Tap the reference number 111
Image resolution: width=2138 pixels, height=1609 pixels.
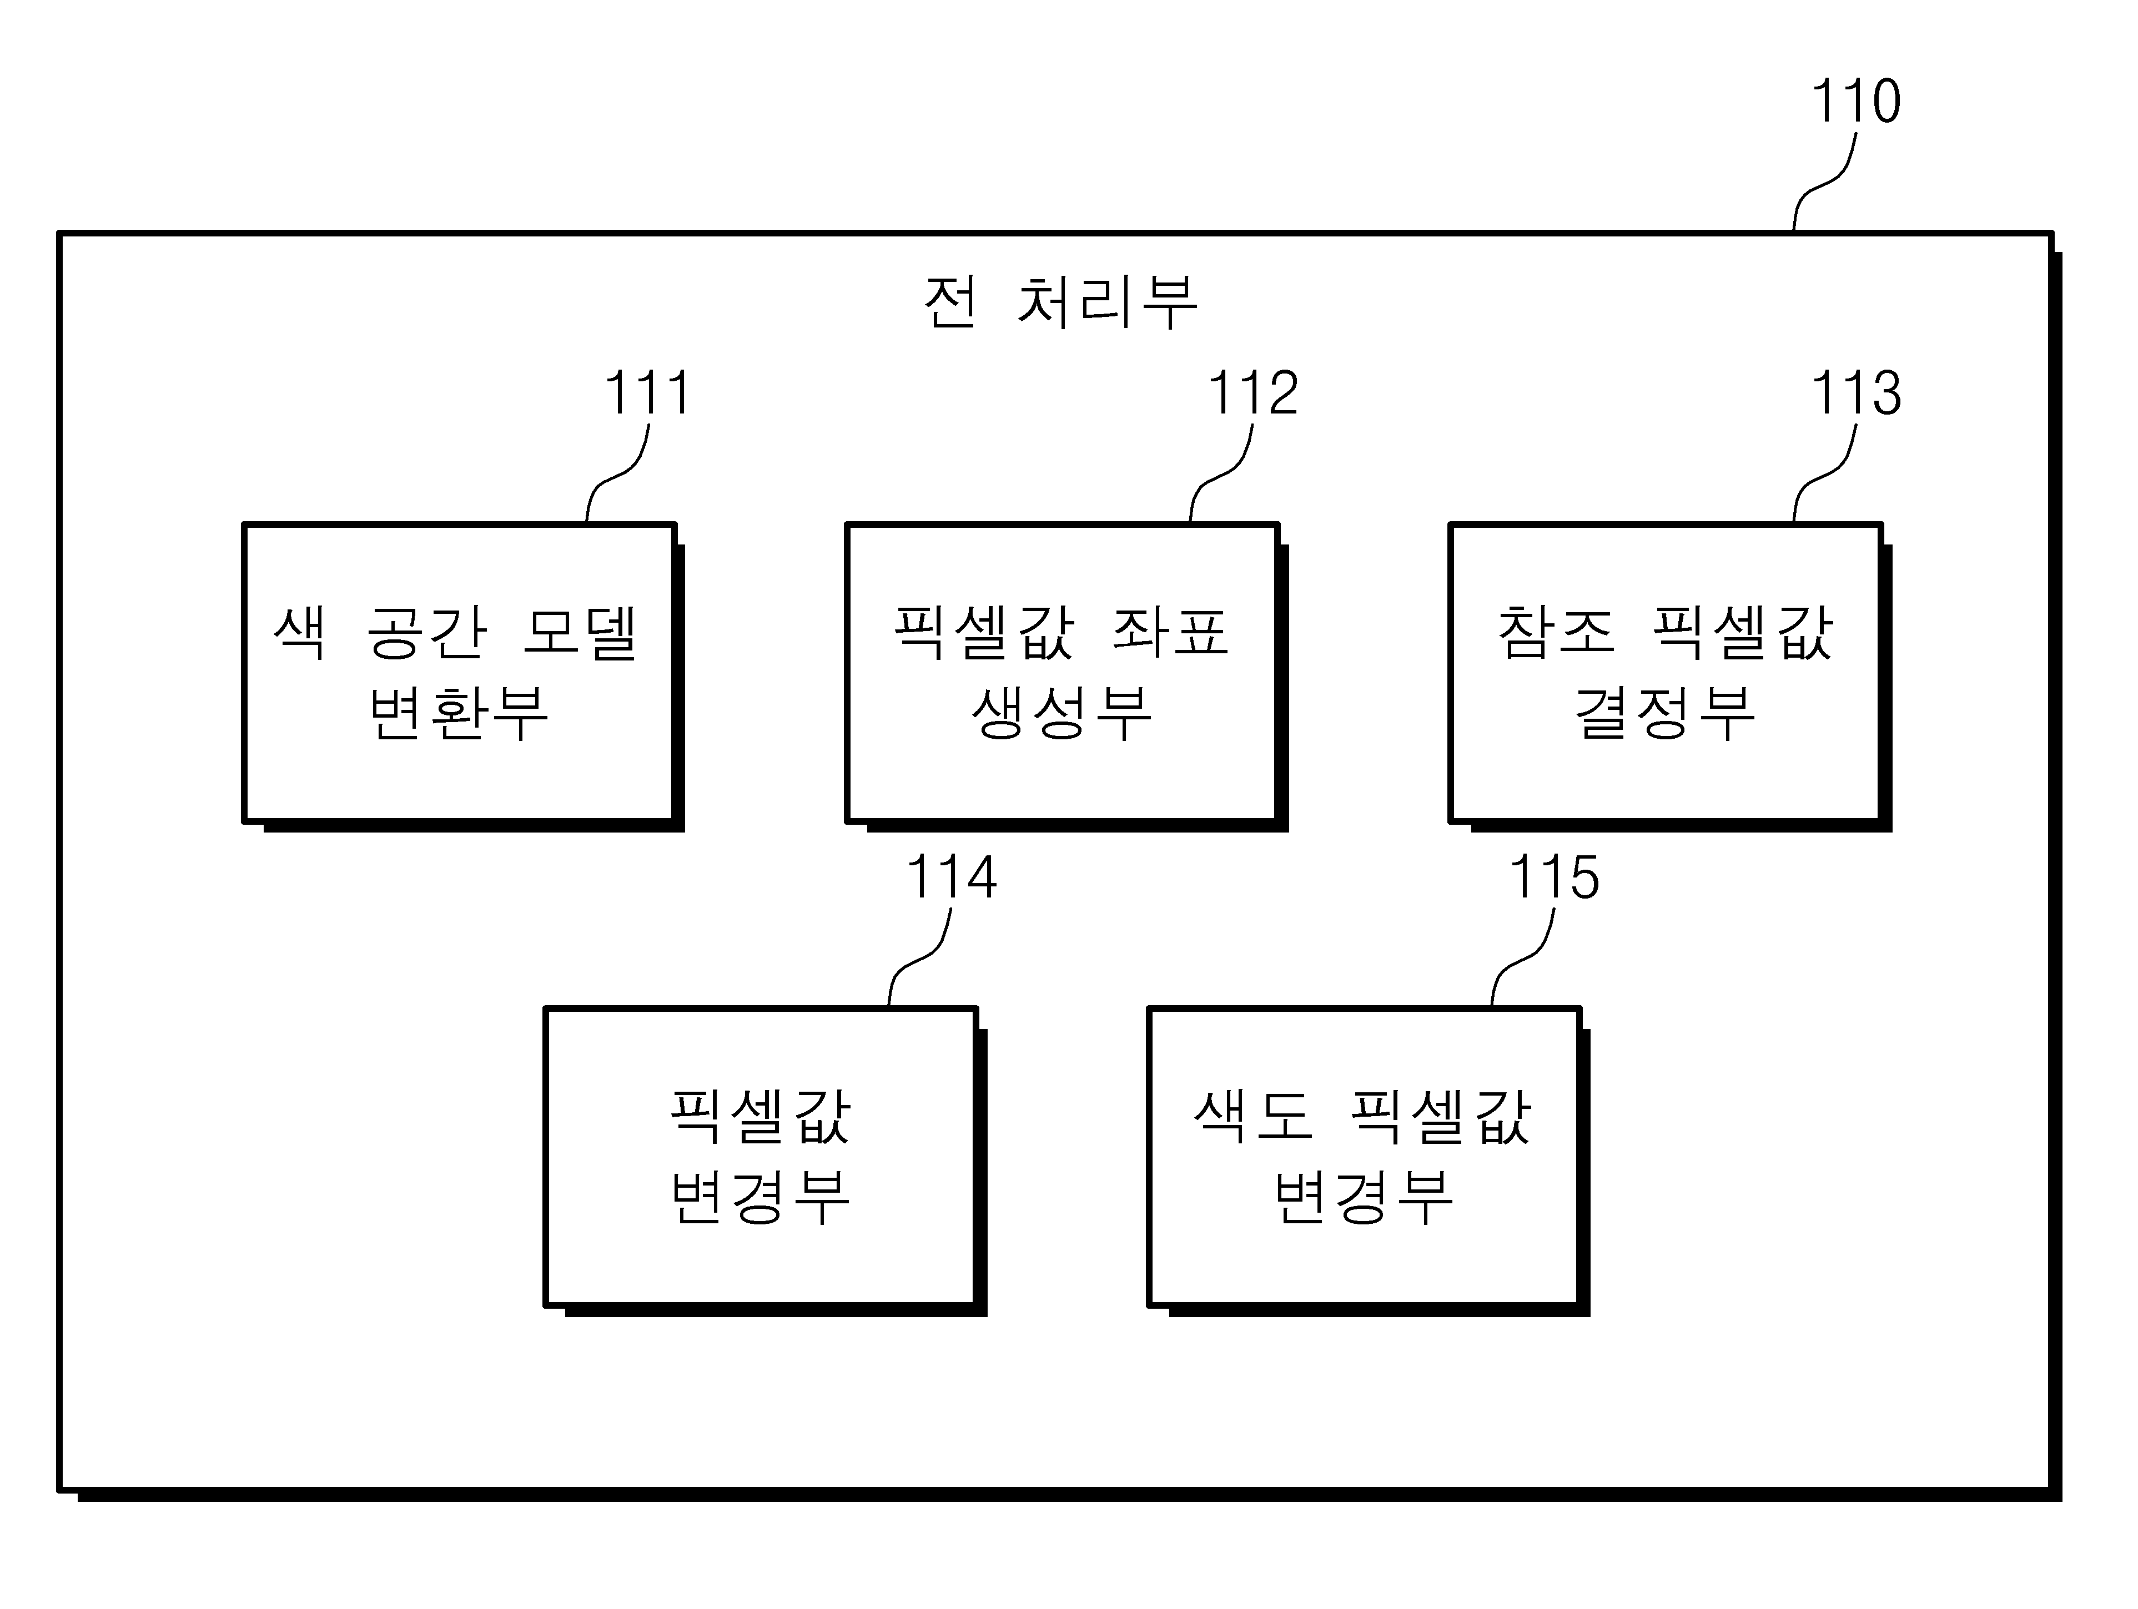pyautogui.click(x=647, y=394)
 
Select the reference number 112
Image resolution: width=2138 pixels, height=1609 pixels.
pyautogui.click(x=1252, y=394)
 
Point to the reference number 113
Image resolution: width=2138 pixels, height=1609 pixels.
pyautogui.click(x=1856, y=394)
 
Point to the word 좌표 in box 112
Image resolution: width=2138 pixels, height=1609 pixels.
pyautogui.click(x=1170, y=632)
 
